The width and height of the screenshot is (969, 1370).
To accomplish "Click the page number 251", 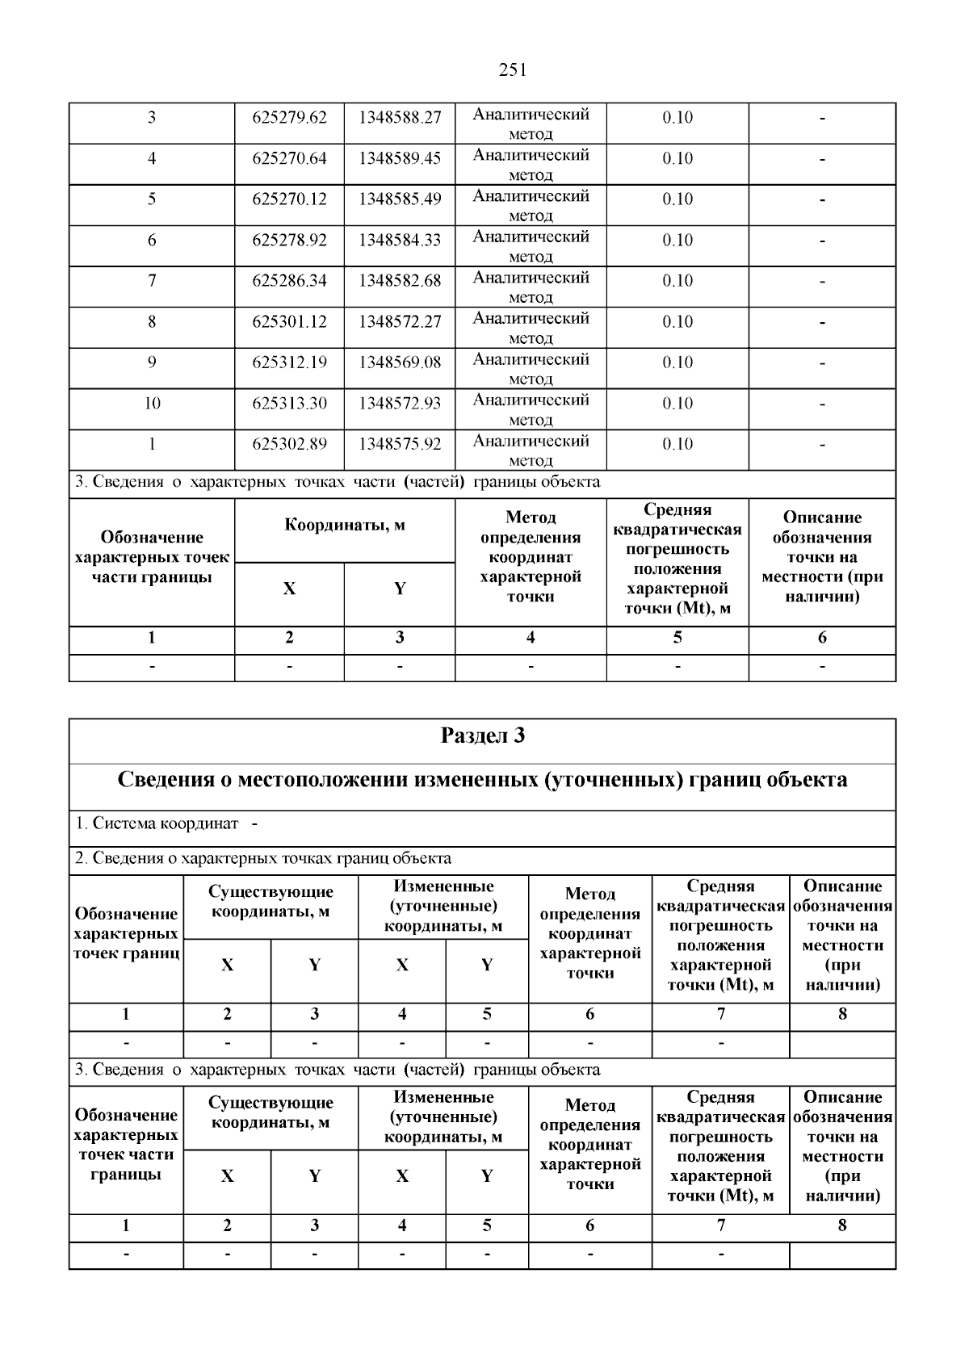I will [513, 70].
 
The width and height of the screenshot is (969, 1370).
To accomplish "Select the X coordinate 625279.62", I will [289, 118].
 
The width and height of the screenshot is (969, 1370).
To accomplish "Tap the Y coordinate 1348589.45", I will [400, 158].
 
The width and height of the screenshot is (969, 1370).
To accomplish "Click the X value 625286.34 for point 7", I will [289, 281].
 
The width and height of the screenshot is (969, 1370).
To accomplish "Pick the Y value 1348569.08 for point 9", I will [400, 362].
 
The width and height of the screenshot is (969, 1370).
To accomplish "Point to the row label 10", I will [152, 404].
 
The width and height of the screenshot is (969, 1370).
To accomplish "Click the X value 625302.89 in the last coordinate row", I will [289, 444].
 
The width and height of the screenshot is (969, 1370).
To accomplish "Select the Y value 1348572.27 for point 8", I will [400, 322].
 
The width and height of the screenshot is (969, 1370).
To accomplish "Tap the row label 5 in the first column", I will [152, 199].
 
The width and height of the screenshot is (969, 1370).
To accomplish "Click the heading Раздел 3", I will [482, 736].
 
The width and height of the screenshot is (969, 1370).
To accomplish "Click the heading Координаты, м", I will [345, 526].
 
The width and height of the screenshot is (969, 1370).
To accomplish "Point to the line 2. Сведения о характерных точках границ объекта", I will [263, 858].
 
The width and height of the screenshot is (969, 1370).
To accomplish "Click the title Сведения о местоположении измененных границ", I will [482, 780].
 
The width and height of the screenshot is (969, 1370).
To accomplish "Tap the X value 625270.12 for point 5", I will [289, 199].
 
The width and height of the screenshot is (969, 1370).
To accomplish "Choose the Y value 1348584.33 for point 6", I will [400, 241].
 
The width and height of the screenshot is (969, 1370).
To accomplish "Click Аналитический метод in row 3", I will [531, 124].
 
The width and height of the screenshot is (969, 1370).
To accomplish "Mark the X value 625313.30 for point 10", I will [289, 404].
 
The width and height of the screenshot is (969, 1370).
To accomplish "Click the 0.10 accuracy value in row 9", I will [677, 362].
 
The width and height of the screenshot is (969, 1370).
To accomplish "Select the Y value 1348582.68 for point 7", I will [400, 281].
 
